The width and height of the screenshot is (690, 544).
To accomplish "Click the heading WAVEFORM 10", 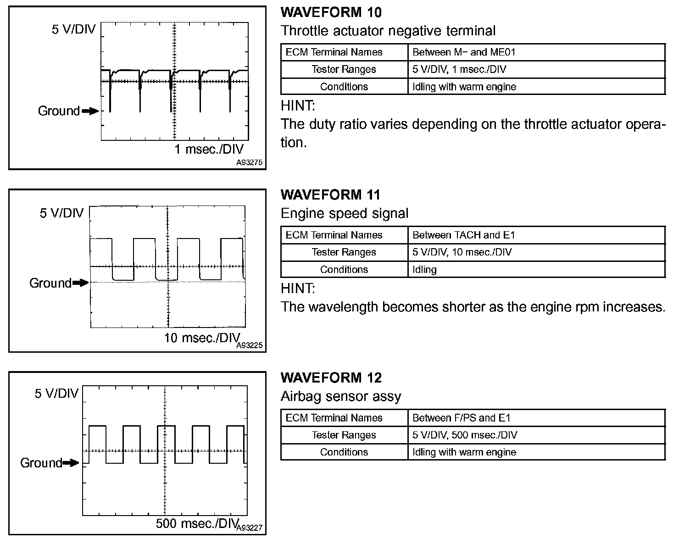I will [331, 12].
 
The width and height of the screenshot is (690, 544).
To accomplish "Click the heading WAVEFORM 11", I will [330, 195].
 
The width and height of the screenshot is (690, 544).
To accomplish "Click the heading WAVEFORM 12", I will [331, 377].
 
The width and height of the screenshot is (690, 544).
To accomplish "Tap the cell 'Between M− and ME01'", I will [464, 52].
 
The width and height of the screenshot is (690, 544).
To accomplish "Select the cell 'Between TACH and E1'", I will [464, 235].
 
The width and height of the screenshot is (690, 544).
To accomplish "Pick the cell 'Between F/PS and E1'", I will [461, 418].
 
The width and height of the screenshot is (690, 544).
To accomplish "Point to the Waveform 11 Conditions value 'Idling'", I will [424, 270].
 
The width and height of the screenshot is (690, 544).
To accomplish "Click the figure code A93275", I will [250, 163].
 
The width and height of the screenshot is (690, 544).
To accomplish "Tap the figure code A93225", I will [250, 345].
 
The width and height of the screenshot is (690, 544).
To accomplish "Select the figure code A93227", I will [250, 528].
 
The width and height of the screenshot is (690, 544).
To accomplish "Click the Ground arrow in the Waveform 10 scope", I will [90, 111].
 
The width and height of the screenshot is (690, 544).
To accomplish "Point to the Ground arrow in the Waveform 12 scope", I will [71, 463].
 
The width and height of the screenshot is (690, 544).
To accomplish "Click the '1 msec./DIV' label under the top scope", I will [209, 149].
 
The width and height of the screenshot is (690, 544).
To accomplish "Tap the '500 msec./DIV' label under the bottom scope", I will [196, 523].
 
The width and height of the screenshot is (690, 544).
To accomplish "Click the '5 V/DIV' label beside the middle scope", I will [62, 213].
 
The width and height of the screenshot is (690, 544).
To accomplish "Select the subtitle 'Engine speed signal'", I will [344, 214].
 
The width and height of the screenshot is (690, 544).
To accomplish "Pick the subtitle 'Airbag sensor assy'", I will [340, 396].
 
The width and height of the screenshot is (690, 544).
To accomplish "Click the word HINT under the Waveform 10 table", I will [298, 106].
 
